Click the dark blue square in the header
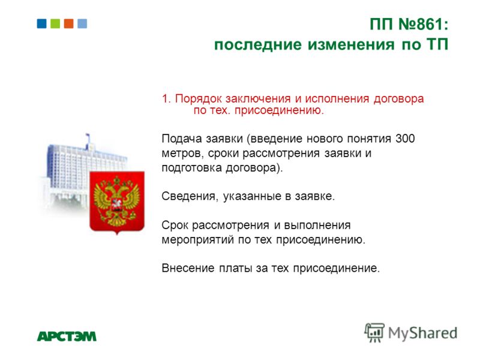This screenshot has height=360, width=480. pyautogui.click(x=41, y=23)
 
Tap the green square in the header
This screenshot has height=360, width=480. pyautogui.click(x=55, y=23)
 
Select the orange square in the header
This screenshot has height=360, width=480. pyautogui.click(x=68, y=23)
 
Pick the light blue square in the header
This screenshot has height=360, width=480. pyautogui.click(x=82, y=23)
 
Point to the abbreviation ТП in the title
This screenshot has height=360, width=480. pyautogui.click(x=437, y=44)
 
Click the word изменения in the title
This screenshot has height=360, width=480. pyautogui.click(x=351, y=44)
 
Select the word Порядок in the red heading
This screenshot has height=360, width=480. pyautogui.click(x=198, y=99)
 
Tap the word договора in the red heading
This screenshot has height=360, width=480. pyautogui.click(x=398, y=99)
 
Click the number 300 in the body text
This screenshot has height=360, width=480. pyautogui.click(x=405, y=139)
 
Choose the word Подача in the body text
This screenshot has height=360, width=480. pyautogui.click(x=182, y=139)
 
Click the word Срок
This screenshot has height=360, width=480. pyautogui.click(x=175, y=225)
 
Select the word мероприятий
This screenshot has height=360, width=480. pyautogui.click(x=198, y=239)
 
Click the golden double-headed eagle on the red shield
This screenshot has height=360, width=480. pyautogui.click(x=116, y=201)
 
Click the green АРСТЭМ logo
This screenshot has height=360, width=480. pyautogui.click(x=67, y=336)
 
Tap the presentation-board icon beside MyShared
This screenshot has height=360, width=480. pyautogui.click(x=374, y=332)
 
